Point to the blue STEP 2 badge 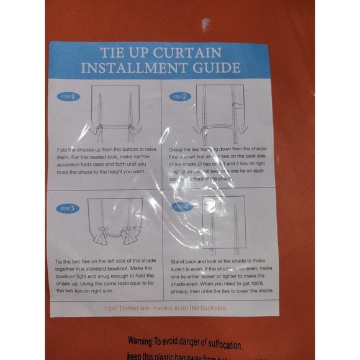tap(179, 97)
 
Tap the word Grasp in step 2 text tap(177, 150)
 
